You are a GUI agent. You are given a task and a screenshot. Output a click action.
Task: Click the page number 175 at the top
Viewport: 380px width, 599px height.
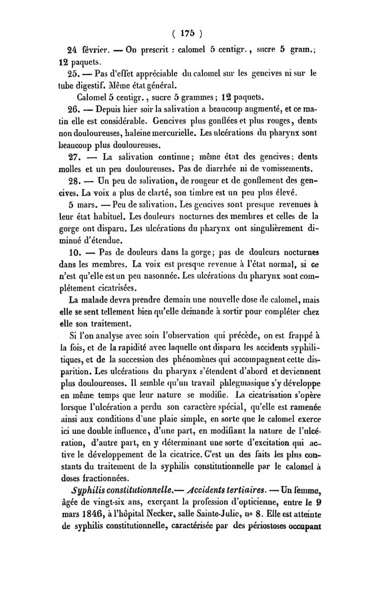tap(189, 34)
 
